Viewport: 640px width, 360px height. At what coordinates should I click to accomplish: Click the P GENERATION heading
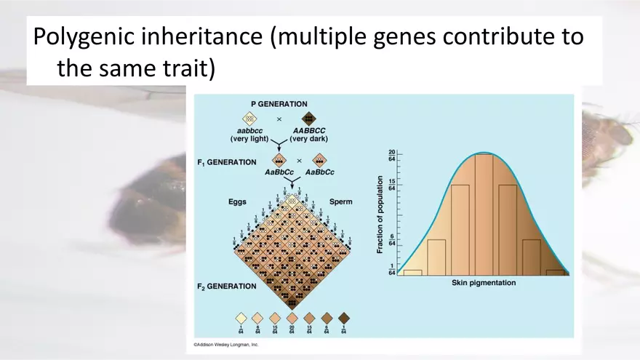[x=279, y=104]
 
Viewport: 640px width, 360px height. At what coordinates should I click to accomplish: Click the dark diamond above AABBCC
[x=308, y=119]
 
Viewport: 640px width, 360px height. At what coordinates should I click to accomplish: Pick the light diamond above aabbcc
[x=249, y=119]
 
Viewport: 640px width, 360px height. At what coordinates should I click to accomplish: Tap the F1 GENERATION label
[x=226, y=162]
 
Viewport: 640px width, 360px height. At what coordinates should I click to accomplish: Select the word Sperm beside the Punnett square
[x=340, y=201]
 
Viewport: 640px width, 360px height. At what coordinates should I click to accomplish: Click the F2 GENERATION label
[x=226, y=287]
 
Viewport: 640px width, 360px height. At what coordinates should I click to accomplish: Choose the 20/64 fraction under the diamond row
[x=292, y=329]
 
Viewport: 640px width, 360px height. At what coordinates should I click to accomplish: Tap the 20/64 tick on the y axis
[x=391, y=156]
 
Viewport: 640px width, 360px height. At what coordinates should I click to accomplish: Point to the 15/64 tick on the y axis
[x=391, y=185]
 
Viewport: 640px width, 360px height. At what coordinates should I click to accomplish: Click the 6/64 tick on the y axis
[x=391, y=240]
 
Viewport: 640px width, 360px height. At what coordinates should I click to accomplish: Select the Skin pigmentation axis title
[x=479, y=282]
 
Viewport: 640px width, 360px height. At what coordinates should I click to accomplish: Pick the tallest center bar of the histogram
[x=484, y=215]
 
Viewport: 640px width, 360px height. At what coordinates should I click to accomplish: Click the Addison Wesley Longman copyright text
[x=225, y=345]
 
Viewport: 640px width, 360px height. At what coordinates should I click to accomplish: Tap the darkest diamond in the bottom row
[x=344, y=318]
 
